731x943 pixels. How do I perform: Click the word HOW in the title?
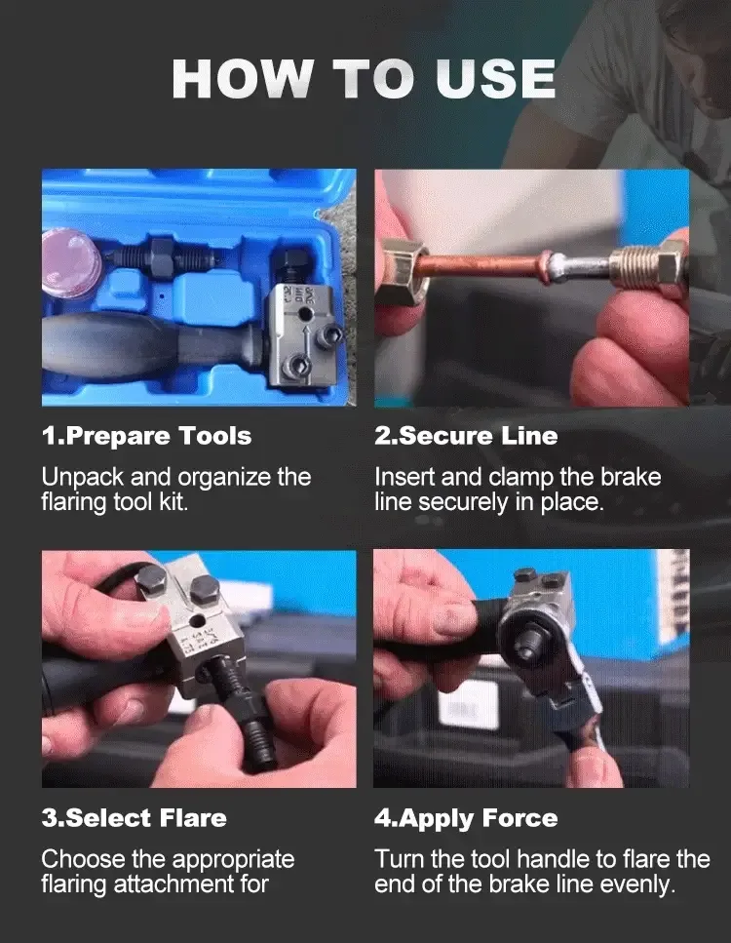(242, 79)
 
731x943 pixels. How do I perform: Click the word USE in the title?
(495, 79)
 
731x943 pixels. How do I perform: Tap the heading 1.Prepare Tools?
(146, 437)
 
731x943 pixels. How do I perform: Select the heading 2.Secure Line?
(466, 436)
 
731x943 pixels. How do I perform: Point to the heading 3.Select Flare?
(135, 818)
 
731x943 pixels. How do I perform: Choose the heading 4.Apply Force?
(466, 819)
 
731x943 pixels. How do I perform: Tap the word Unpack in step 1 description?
(83, 478)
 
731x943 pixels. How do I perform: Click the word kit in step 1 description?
(173, 501)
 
